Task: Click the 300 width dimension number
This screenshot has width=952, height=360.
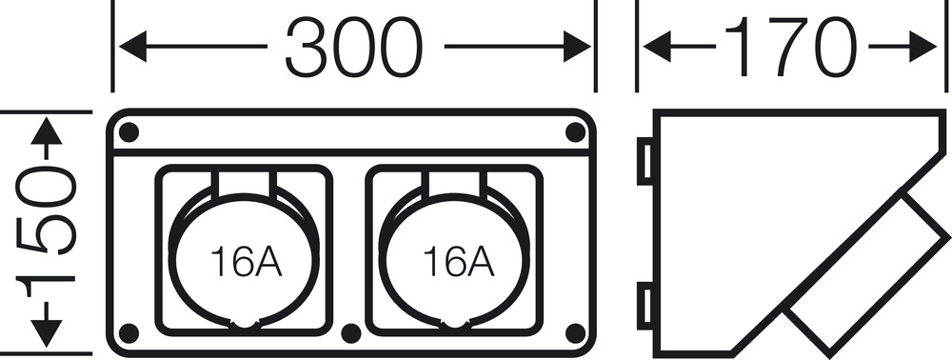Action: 354,47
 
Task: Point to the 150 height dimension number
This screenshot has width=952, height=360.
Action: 46,231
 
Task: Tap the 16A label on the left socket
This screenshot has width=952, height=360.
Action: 246,261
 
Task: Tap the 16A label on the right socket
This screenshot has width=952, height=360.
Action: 458,261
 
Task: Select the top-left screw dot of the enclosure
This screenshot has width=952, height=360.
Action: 129,131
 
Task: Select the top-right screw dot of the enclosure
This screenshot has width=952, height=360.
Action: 575,131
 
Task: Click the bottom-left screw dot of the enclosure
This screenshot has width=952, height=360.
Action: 129,333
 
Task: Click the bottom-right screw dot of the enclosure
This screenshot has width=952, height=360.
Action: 575,333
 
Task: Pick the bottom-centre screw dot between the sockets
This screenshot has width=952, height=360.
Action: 351,333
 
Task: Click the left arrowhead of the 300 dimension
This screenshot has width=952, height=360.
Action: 133,47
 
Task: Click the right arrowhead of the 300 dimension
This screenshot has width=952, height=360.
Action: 577,47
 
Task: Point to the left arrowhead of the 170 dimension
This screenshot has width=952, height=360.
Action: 657,47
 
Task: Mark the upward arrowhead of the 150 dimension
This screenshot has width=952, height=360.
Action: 46,131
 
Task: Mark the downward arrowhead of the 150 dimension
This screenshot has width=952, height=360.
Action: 46,333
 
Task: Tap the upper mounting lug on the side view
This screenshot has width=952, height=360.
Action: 645,161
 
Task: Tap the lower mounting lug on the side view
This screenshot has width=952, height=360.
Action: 645,306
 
